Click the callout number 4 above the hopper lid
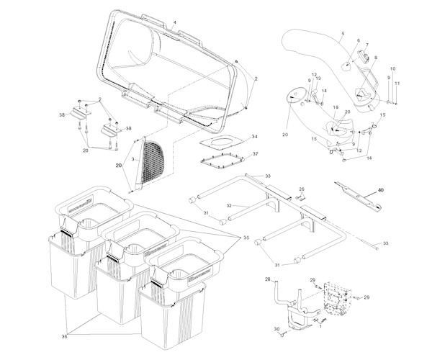[174, 22]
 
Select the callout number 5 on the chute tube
[342, 34]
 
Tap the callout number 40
[381, 190]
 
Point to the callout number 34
[254, 136]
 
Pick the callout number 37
[254, 153]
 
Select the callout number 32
[229, 205]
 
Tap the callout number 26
[302, 189]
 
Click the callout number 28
[268, 279]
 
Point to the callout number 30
[276, 330]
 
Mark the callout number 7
[366, 45]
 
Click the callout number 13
[319, 78]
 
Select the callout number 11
[396, 84]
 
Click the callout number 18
[336, 107]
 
